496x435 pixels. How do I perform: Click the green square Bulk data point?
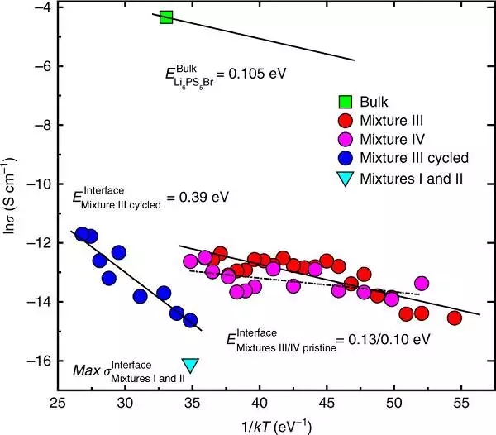(x=166, y=17)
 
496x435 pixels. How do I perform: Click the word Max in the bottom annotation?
(x=88, y=370)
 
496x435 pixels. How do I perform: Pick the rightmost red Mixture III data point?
(x=454, y=318)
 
